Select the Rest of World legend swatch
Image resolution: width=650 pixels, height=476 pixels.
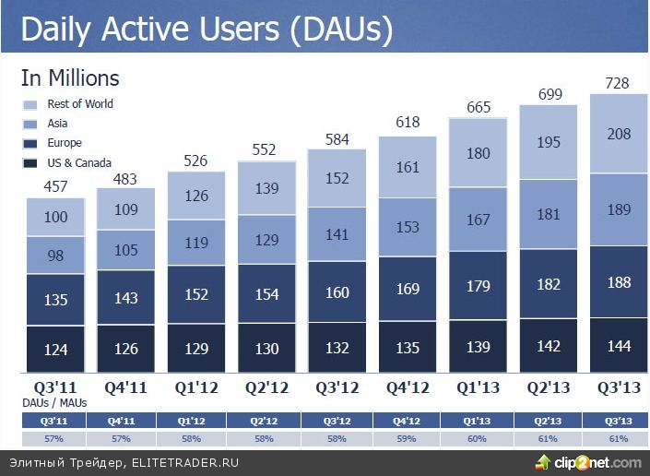[x=30, y=105]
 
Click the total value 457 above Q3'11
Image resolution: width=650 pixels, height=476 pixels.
[x=55, y=186]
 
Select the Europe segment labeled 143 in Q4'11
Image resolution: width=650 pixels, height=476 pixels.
[x=126, y=298]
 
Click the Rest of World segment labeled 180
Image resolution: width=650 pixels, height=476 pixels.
[x=479, y=154]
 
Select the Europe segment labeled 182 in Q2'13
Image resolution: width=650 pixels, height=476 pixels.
[x=549, y=284]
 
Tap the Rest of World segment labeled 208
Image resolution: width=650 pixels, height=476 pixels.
[x=619, y=134]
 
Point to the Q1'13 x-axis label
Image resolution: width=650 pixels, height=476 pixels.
[x=479, y=386]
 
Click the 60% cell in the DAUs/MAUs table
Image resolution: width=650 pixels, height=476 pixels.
[x=477, y=438]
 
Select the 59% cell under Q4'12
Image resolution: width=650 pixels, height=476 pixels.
[x=407, y=438]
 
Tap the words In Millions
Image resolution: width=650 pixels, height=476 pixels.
[x=70, y=79]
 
